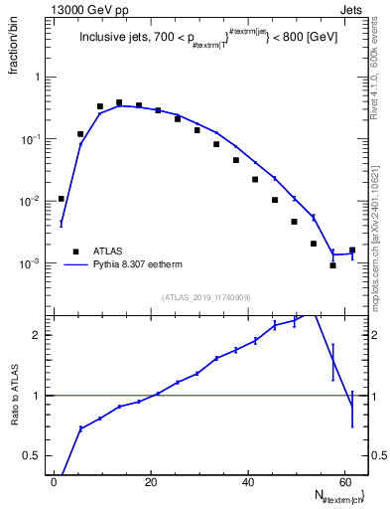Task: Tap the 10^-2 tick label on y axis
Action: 33,202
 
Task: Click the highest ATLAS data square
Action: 119,102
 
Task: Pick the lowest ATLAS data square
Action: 333,265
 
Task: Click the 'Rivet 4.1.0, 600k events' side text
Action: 375,70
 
